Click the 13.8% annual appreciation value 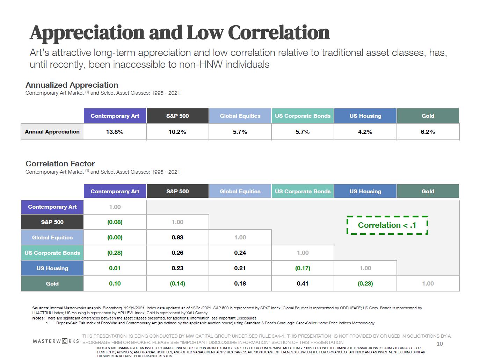115,132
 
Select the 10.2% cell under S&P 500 177,132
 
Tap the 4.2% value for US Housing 365,132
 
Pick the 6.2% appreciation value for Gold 428,132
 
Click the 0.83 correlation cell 177,237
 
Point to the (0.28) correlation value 115,253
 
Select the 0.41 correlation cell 303,283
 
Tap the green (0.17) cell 303,268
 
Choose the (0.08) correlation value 115,222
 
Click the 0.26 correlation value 177,253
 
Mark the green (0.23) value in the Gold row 365,283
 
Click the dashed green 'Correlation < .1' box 387,225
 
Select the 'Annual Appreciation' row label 52,132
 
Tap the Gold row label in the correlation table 52,283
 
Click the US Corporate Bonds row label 52,253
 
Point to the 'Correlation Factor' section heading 60,164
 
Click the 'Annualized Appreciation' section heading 72,85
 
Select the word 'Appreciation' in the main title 87,33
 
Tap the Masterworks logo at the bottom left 56,341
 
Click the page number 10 439,344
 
